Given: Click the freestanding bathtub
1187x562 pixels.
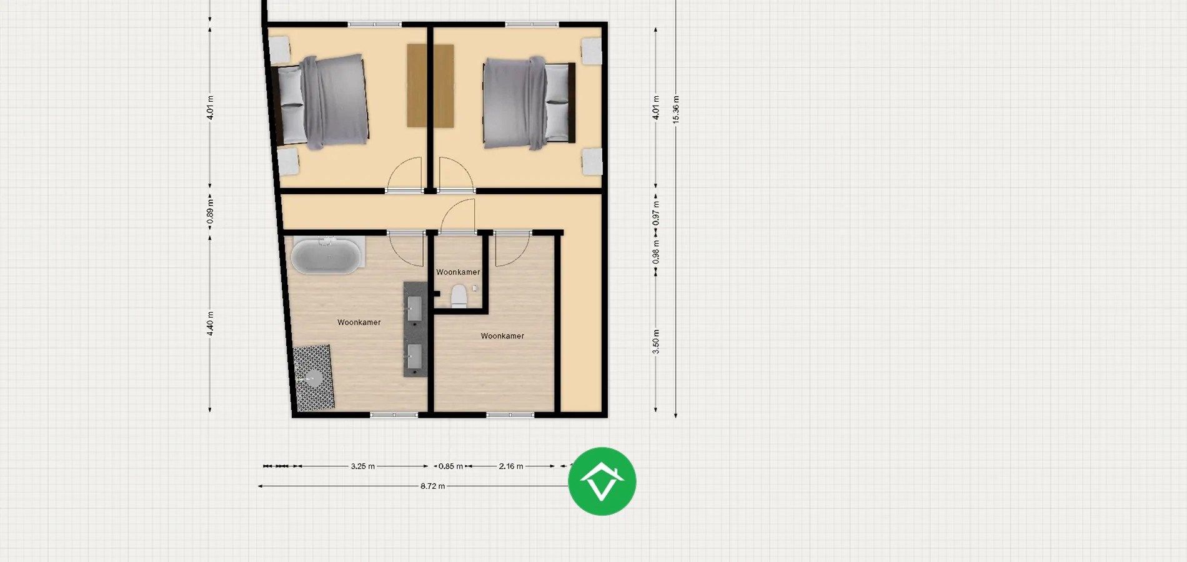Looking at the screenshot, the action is point(326,255).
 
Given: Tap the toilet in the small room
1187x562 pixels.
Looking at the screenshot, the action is point(459,297).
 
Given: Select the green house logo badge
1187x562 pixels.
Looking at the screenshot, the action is point(602,481).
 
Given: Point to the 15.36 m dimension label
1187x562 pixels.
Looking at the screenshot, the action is point(676,109).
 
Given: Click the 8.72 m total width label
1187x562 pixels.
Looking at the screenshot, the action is point(432,486).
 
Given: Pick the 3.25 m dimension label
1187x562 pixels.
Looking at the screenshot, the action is point(362,466).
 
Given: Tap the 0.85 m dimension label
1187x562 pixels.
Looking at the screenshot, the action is point(450,466).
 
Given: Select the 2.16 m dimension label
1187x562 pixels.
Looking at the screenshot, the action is point(511,466).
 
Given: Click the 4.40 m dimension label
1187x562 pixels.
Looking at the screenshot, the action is point(211,323).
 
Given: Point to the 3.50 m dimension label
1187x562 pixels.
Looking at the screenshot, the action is point(656,342).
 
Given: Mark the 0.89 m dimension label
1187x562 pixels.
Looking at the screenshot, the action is point(211,212).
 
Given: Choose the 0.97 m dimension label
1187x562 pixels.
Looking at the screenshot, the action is point(656,214).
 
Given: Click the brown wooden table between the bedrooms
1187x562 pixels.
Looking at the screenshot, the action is point(430,86).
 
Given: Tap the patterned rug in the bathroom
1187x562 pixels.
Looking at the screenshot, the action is point(314,378).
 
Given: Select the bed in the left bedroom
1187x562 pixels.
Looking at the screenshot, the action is point(322,102).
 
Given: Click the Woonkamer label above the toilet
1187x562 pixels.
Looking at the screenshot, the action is point(458,272).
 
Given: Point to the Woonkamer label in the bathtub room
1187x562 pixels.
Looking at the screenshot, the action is point(359,322).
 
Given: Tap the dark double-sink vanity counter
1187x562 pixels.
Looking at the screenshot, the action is point(415,329).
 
